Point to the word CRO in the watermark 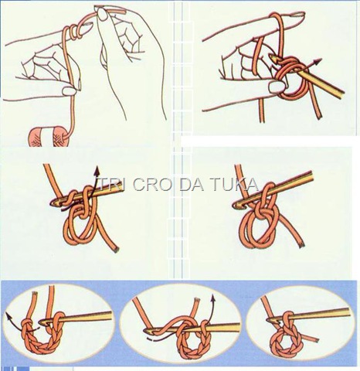(x=148, y=183)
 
